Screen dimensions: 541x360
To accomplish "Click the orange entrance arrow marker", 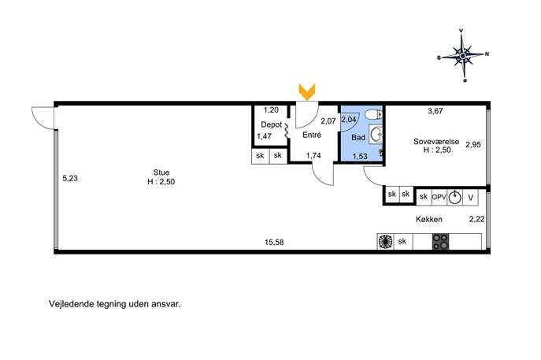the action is coord(307,92).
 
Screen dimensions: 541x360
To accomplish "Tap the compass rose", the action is coord(463,55).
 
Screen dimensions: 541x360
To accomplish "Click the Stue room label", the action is coord(161,173).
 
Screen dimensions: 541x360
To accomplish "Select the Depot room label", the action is coord(271,124).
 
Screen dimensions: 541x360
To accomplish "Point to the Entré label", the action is coord(312,135).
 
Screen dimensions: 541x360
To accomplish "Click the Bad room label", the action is coord(358,137).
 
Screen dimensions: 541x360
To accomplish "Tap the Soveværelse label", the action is coord(436,141).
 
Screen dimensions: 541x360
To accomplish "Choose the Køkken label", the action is coord(429,219).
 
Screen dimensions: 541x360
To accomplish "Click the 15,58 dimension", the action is coord(274,243).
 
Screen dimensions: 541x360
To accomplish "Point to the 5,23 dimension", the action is coord(70,179).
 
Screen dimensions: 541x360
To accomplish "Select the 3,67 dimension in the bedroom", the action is coord(435,111).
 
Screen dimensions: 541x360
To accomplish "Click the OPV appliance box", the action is coord(439,197).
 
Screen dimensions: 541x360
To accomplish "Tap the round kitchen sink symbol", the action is coord(454,197).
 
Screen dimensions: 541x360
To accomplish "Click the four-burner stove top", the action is coord(441,242).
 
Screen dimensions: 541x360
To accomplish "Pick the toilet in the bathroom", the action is coord(374,114).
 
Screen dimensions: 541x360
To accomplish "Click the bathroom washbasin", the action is coord(376,134).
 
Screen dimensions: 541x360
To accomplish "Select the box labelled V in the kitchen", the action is coord(471,198).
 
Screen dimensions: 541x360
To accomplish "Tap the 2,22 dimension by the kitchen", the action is coord(477,219).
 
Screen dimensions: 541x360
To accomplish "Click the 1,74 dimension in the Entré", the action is coord(313,156).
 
